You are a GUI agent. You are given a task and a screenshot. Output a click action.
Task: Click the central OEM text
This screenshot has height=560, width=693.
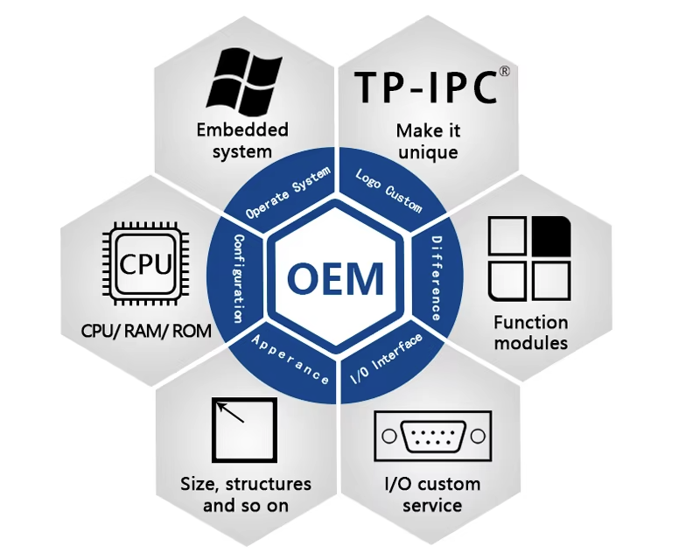[336, 278]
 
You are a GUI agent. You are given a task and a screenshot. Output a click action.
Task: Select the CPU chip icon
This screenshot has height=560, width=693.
[145, 263]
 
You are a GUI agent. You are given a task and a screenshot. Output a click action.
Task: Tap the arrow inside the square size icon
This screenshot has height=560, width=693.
[231, 411]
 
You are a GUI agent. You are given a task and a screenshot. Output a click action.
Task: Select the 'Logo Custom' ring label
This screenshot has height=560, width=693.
[388, 190]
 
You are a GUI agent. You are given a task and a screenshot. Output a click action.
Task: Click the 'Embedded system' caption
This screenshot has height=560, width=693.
[242, 140]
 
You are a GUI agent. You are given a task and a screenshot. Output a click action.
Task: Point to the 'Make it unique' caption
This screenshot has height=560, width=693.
[428, 141]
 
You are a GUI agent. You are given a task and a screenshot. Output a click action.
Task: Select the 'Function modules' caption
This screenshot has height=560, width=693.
[530, 332]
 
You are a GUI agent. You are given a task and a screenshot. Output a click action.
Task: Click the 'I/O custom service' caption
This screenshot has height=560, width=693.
[432, 494]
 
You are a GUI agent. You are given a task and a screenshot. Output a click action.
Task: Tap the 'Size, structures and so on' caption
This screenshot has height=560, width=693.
[245, 494]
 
